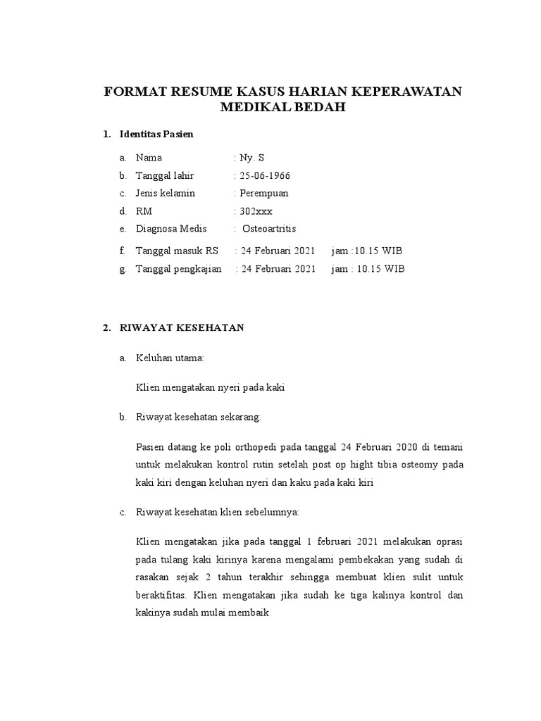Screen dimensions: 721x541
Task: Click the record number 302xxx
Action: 257,211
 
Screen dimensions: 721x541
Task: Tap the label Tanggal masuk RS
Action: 177,251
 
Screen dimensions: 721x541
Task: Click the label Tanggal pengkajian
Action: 179,269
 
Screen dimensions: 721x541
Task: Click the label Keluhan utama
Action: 170,358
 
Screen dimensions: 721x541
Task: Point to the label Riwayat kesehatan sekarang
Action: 198,418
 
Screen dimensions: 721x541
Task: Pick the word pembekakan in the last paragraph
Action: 366,560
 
